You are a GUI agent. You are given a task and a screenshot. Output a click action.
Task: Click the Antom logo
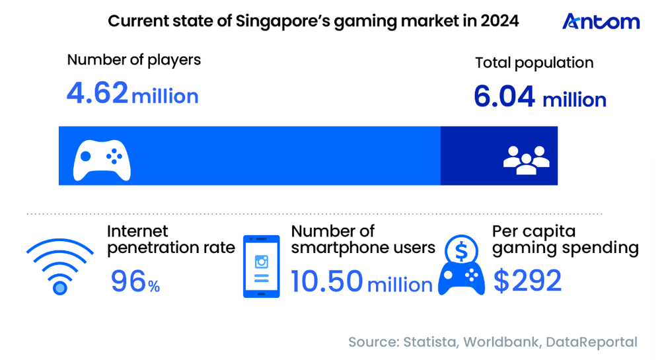point(601,21)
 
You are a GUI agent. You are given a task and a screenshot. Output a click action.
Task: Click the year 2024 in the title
point(500,21)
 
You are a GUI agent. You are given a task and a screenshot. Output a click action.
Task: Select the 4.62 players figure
point(97,94)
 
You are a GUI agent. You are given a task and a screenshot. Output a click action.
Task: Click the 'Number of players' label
point(133,60)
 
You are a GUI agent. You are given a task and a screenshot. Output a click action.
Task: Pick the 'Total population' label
point(534,63)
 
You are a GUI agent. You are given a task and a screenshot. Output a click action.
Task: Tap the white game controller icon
point(101,158)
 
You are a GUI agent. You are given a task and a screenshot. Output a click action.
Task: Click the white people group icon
point(526,159)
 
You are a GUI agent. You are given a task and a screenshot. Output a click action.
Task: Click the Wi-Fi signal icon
point(60,266)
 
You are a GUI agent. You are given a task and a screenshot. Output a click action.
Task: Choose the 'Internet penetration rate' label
point(170,240)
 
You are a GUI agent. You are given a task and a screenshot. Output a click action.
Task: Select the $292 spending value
point(527,281)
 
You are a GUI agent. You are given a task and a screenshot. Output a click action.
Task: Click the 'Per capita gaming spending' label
point(565,240)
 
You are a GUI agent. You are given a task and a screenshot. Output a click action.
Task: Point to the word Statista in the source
point(429,342)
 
